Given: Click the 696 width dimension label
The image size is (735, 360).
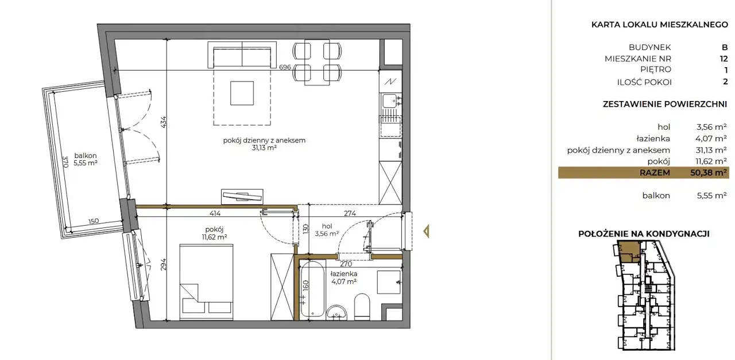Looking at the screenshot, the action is click(x=285, y=67).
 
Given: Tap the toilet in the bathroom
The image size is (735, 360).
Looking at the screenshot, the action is click(x=362, y=307).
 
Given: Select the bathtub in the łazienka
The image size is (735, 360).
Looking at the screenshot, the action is click(x=313, y=289).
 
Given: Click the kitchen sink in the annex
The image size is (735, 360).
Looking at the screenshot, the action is click(x=390, y=101).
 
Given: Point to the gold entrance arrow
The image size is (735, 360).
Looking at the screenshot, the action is click(x=427, y=231).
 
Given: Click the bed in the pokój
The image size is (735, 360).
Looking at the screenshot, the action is click(x=206, y=282).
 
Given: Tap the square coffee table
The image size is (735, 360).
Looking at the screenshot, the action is click(x=242, y=93).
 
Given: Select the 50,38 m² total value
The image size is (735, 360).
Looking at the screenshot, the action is click(x=708, y=173).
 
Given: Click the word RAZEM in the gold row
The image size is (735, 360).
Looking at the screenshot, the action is click(x=655, y=173).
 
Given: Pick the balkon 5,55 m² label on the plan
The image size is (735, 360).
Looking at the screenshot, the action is click(x=86, y=159).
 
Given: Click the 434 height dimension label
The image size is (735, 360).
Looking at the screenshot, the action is click(x=164, y=122).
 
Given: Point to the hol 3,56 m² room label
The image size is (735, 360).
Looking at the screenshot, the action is click(x=327, y=230).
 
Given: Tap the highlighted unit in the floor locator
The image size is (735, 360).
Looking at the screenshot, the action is click(x=629, y=251).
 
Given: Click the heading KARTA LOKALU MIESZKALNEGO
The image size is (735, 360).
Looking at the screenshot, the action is click(x=660, y=25).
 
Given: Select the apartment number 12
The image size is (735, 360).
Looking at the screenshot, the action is click(x=724, y=59).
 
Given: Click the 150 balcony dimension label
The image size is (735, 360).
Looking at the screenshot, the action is click(x=94, y=221).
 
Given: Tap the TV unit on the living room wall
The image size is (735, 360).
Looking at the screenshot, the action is click(x=242, y=197).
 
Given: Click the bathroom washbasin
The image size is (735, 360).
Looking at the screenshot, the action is click(x=336, y=312).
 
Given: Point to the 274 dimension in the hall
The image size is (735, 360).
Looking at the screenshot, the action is click(x=350, y=214).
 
